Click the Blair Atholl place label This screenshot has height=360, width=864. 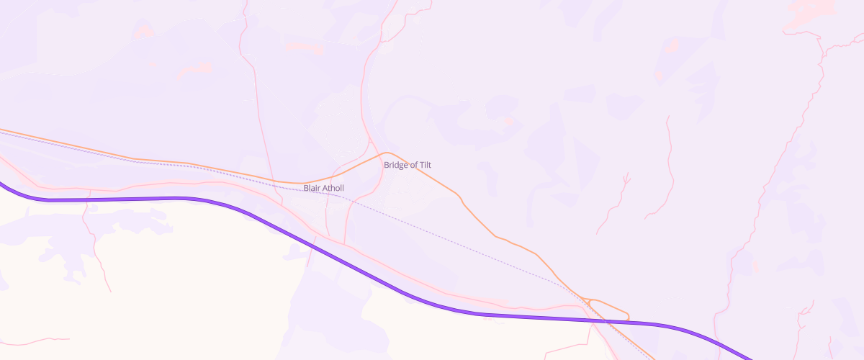point(323,188)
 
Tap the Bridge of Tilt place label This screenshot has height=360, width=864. point(407,165)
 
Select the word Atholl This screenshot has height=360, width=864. point(333,188)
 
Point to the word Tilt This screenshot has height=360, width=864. point(425,165)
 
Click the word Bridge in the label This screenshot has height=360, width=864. point(395,165)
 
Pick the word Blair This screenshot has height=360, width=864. point(311,188)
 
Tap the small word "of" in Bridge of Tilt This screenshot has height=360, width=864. point(413,165)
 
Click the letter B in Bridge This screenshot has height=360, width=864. point(387,165)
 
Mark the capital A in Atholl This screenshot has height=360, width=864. point(324,188)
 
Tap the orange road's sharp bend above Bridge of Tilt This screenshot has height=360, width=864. point(387,153)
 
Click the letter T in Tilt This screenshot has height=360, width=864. point(420,165)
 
